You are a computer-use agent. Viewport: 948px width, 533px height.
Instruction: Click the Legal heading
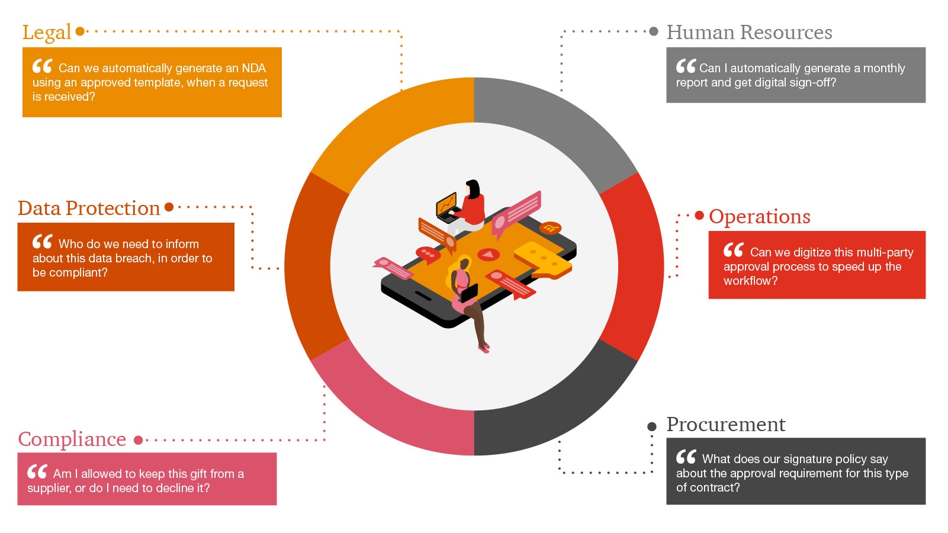click(x=47, y=33)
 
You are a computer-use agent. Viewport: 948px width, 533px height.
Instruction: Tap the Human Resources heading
click(x=749, y=32)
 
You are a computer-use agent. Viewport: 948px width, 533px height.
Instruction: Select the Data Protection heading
click(x=89, y=208)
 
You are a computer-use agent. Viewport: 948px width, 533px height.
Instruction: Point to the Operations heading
click(x=759, y=217)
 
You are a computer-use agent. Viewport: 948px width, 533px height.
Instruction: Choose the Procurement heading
click(x=726, y=424)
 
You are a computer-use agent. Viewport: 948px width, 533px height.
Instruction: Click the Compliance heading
click(x=72, y=439)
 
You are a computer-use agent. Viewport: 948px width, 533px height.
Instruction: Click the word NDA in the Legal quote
click(x=253, y=68)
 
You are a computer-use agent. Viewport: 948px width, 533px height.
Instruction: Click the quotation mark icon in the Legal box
click(x=42, y=66)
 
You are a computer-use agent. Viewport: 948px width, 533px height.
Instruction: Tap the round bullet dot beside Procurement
click(x=652, y=426)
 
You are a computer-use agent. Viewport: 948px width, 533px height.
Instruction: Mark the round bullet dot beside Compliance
click(x=138, y=440)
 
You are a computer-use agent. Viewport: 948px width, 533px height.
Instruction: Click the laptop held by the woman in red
click(x=448, y=207)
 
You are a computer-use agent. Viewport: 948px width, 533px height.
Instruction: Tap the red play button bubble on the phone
click(x=489, y=255)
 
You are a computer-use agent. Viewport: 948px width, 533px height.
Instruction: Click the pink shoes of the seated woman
click(x=484, y=348)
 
